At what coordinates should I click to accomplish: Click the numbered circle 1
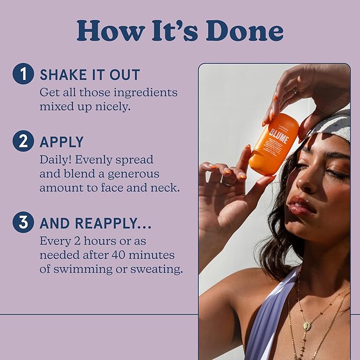[23, 74]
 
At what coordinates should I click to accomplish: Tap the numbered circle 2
[23, 142]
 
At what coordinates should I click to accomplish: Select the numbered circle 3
[23, 223]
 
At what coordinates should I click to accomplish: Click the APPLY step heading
[62, 142]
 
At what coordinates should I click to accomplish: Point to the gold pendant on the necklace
[306, 325]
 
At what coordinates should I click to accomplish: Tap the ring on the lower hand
[226, 181]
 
